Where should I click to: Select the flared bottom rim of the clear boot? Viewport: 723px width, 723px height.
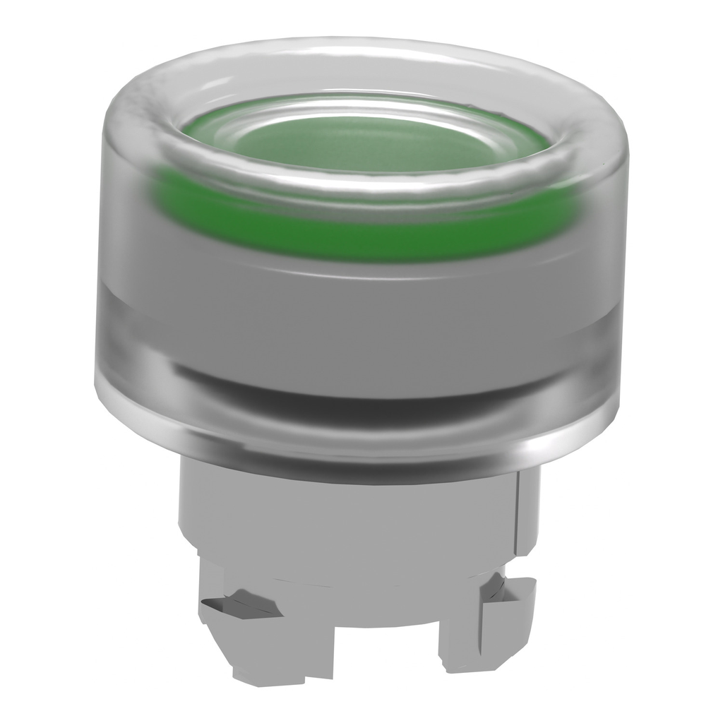point(361,445)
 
